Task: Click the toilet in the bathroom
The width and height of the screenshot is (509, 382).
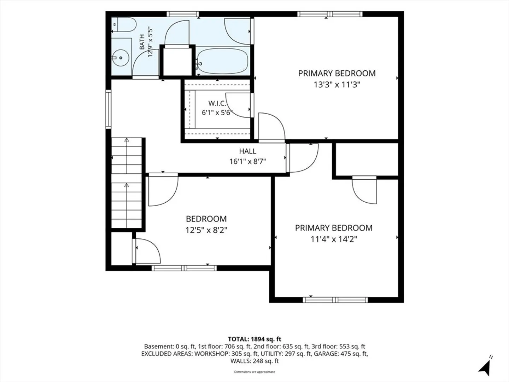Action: pyautogui.click(x=124, y=25)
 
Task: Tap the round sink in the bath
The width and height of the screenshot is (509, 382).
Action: pyautogui.click(x=120, y=58)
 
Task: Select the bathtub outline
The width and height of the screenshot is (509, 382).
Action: pyautogui.click(x=222, y=61)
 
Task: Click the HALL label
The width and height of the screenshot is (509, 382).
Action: pyautogui.click(x=248, y=151)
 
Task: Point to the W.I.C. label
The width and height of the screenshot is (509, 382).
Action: pyautogui.click(x=217, y=103)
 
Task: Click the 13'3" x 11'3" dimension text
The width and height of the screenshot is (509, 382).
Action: pyautogui.click(x=337, y=85)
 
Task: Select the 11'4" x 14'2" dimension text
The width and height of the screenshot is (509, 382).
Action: pyautogui.click(x=334, y=239)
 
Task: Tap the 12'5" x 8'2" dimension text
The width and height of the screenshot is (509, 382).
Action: pyautogui.click(x=206, y=230)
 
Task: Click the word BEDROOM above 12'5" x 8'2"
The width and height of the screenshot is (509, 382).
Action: pyautogui.click(x=206, y=219)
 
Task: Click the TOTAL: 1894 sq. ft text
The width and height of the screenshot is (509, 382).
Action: pyautogui.click(x=255, y=339)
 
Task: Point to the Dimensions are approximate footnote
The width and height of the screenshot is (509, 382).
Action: pyautogui.click(x=255, y=372)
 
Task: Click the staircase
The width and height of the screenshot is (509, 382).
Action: pyautogui.click(x=127, y=183)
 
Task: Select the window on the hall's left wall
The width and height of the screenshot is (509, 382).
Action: pyautogui.click(x=108, y=109)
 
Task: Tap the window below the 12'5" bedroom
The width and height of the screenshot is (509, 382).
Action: pyautogui.click(x=184, y=268)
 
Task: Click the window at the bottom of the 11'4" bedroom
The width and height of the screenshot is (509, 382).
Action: pyautogui.click(x=335, y=300)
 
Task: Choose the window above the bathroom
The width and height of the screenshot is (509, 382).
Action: pyautogui.click(x=183, y=14)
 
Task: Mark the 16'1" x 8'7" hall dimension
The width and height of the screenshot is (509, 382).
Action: pyautogui.click(x=248, y=161)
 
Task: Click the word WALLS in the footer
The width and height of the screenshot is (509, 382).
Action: pyautogui.click(x=239, y=361)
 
